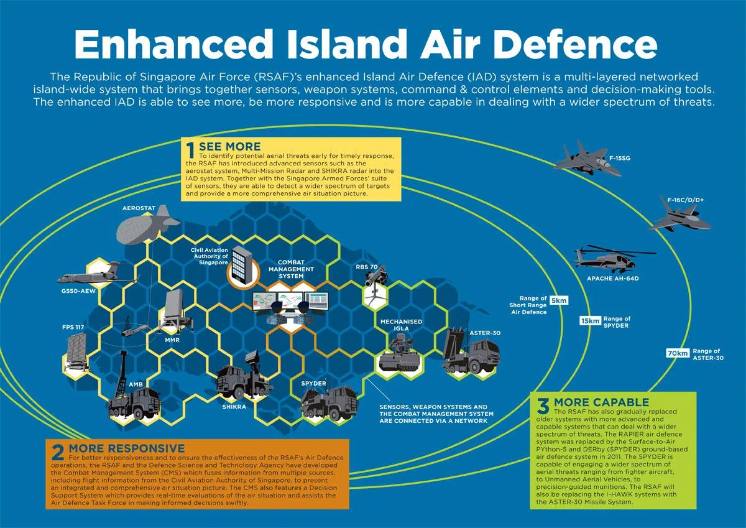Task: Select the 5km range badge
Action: pyautogui.click(x=559, y=301)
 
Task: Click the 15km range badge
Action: pyautogui.click(x=590, y=321)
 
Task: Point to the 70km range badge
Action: pyautogui.click(x=678, y=353)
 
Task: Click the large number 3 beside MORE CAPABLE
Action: pyautogui.click(x=543, y=407)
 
